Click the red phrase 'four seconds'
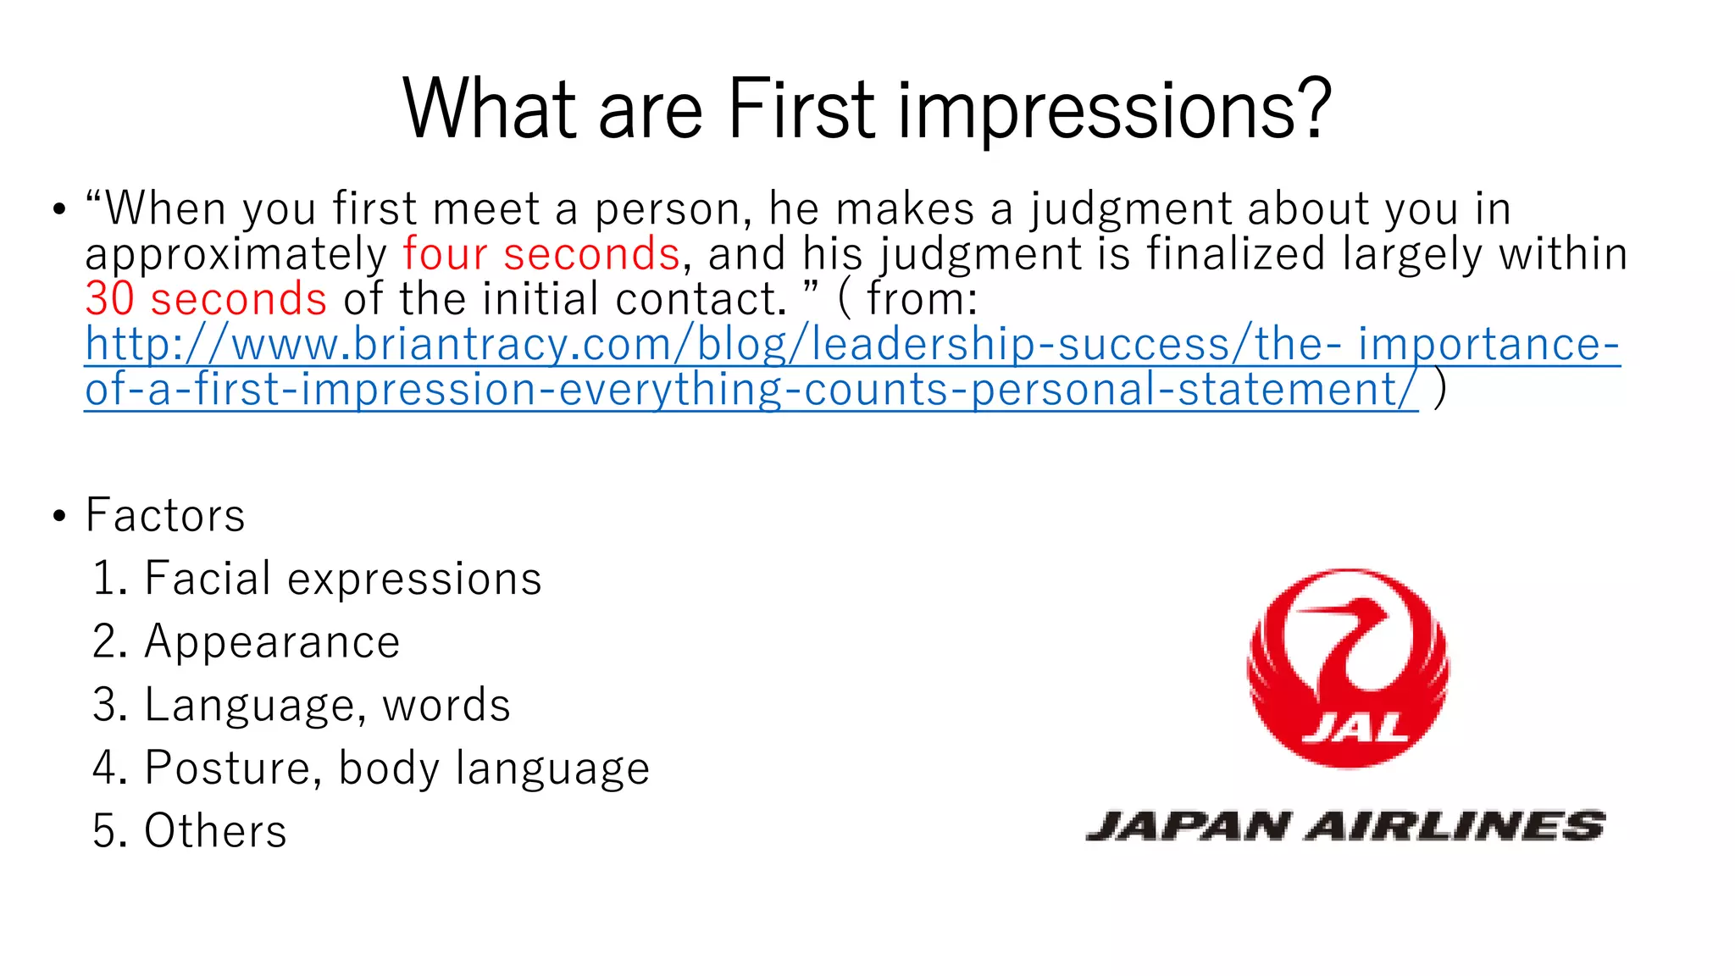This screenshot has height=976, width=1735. (541, 254)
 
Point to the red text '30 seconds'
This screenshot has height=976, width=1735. (206, 299)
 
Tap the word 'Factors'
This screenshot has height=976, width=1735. (165, 515)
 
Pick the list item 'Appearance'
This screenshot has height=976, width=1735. (272, 641)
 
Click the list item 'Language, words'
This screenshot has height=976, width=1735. (327, 705)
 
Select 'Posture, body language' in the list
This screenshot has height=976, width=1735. (396, 768)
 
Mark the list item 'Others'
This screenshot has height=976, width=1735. (215, 830)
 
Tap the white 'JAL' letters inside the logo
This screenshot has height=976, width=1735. (1354, 728)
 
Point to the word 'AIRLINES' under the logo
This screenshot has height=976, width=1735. (1455, 826)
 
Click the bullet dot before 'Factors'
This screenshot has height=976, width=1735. (58, 516)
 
